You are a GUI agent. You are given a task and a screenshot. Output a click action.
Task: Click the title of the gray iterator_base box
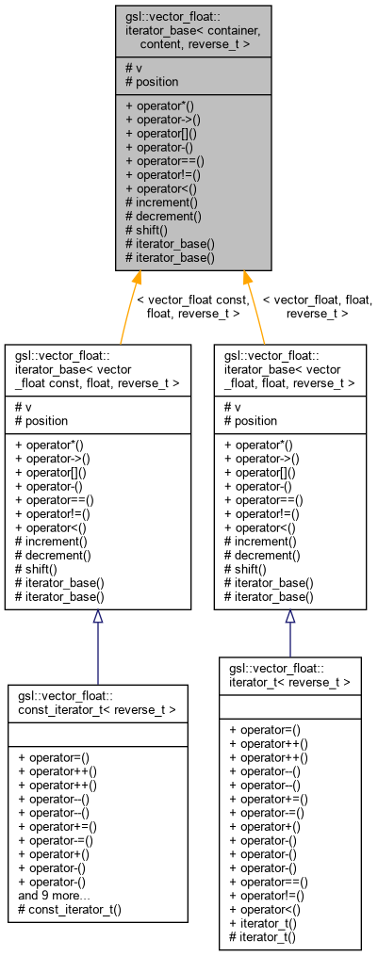(x=193, y=31)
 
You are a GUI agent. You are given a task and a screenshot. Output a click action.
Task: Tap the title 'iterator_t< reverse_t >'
(x=290, y=674)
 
